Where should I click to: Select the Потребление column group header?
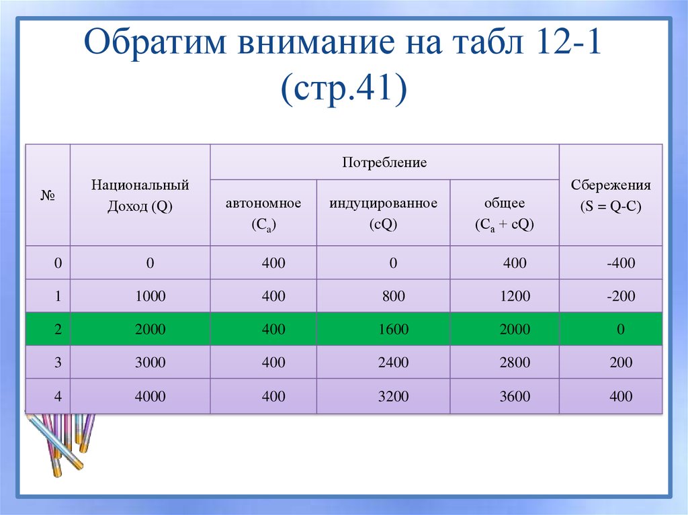[384, 162]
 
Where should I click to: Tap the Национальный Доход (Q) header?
[140, 195]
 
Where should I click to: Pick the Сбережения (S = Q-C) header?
[611, 195]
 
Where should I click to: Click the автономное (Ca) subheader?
[263, 214]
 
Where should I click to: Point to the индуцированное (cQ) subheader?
[383, 214]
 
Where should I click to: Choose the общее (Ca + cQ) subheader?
[504, 214]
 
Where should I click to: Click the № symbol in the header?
[47, 195]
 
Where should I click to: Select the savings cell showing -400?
[620, 263]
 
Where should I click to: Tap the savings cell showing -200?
[620, 296]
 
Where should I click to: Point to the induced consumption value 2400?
[392, 363]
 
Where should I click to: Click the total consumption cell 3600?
[515, 396]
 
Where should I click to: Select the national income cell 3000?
[150, 363]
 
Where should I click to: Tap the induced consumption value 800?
[392, 296]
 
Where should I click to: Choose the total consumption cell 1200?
[515, 296]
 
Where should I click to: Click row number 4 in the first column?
[58, 396]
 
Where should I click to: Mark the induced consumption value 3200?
[392, 396]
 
